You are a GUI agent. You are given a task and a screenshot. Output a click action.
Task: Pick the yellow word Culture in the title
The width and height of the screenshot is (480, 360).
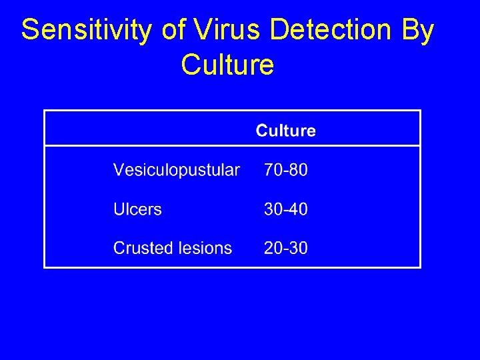227,65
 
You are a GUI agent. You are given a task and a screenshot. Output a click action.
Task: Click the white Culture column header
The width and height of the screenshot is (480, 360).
285,131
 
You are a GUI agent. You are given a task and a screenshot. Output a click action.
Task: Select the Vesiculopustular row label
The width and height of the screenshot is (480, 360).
176,170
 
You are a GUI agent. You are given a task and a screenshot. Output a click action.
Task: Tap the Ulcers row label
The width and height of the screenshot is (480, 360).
137,209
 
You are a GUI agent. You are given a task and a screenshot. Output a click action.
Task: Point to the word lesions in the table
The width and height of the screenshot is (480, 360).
205,248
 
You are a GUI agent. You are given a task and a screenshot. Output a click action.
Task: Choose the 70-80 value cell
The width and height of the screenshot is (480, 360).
285,170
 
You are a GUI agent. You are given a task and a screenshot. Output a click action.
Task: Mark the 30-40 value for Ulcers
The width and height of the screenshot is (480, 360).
285,209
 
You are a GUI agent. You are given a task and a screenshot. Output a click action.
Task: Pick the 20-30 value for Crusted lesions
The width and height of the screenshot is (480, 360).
285,248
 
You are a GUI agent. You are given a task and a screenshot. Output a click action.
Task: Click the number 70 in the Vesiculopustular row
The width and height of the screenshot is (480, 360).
273,170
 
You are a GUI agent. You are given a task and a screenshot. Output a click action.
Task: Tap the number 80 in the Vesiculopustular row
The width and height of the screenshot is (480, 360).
298,170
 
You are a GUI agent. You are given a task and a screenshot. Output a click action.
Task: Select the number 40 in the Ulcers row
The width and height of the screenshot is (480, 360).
298,209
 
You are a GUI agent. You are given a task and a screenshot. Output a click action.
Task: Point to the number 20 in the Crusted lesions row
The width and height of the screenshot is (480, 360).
273,248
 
